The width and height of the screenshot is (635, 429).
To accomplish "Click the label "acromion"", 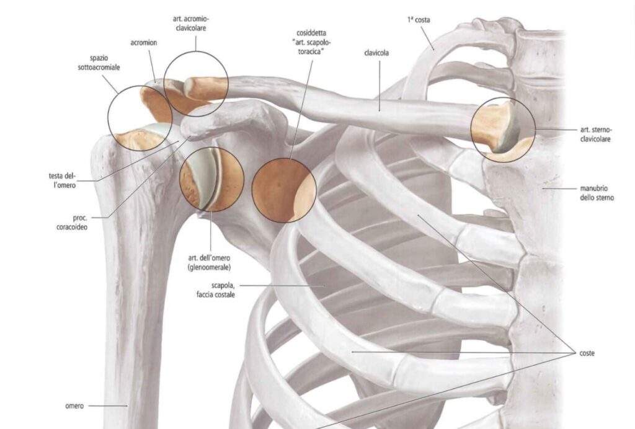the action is point(143,43).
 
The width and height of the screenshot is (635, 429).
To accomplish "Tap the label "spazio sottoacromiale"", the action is point(99,63).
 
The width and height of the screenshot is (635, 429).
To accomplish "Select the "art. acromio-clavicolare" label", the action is point(191,24).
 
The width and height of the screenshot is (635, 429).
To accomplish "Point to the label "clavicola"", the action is point(376,53).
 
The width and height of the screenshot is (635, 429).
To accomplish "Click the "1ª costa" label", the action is point(419,20).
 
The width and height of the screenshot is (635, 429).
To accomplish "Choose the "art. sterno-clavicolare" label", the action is point(596,135).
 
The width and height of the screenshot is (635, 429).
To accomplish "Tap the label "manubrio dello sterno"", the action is point(597,193).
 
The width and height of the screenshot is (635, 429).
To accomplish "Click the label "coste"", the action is point(587,353).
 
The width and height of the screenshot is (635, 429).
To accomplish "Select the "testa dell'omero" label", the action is point(63,180).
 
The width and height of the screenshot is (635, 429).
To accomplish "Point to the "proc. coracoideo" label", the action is point(72,223).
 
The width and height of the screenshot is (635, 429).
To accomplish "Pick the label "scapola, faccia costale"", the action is point(215,290).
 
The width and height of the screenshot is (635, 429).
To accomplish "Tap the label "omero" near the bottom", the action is point(74,406).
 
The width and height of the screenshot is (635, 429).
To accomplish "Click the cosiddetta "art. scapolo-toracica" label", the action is point(311,42).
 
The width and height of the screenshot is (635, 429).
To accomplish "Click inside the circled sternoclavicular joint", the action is point(503,130).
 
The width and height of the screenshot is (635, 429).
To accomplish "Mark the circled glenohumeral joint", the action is point(211,179).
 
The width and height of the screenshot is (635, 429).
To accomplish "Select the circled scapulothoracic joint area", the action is point(284,190).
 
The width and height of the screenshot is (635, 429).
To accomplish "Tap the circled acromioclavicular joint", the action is point(196,84).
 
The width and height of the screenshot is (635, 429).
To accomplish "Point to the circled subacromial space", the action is point(140,118).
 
